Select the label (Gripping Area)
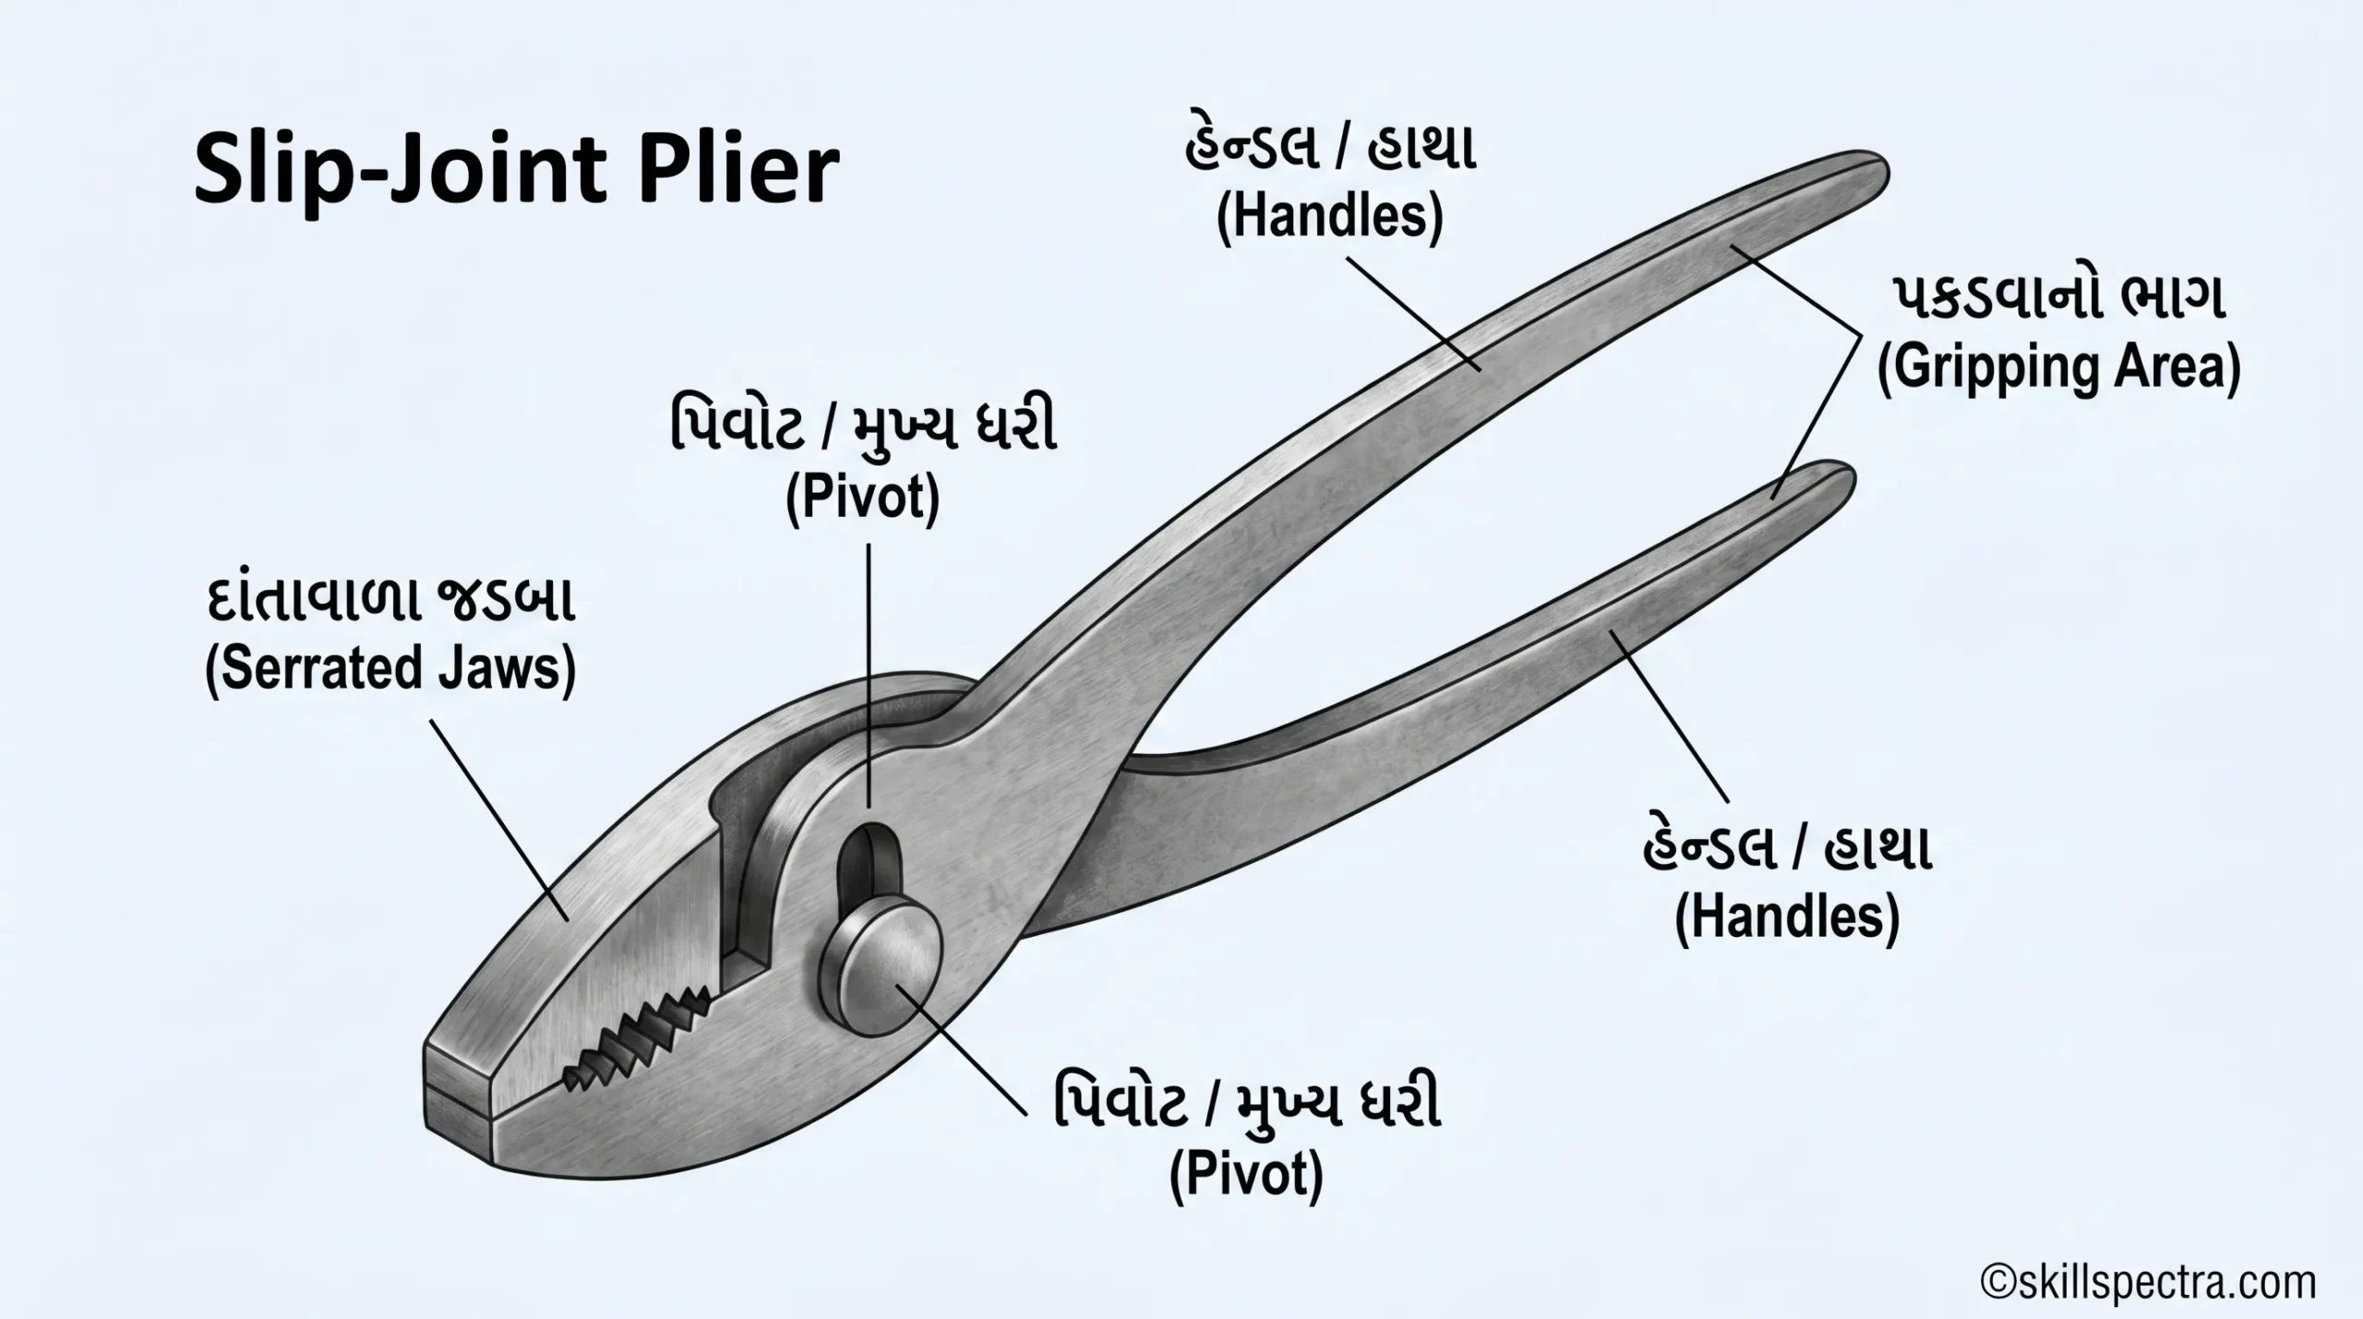[2059, 368]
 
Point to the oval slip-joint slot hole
[867, 863]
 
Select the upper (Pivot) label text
[862, 498]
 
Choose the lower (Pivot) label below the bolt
[1246, 1174]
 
